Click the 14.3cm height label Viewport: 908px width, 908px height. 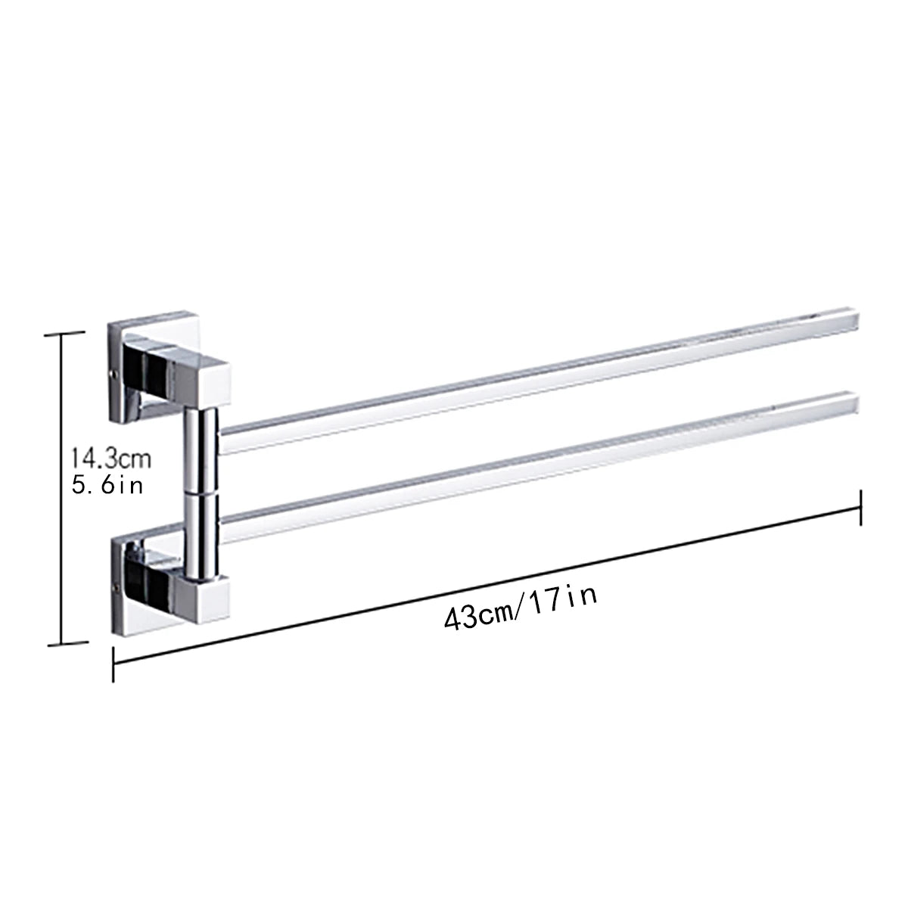coord(111,458)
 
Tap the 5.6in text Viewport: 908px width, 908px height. coord(107,485)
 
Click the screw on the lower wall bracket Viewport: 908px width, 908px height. coord(115,585)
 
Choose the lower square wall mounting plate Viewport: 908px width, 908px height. coord(124,583)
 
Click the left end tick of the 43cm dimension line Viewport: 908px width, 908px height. coord(113,664)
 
